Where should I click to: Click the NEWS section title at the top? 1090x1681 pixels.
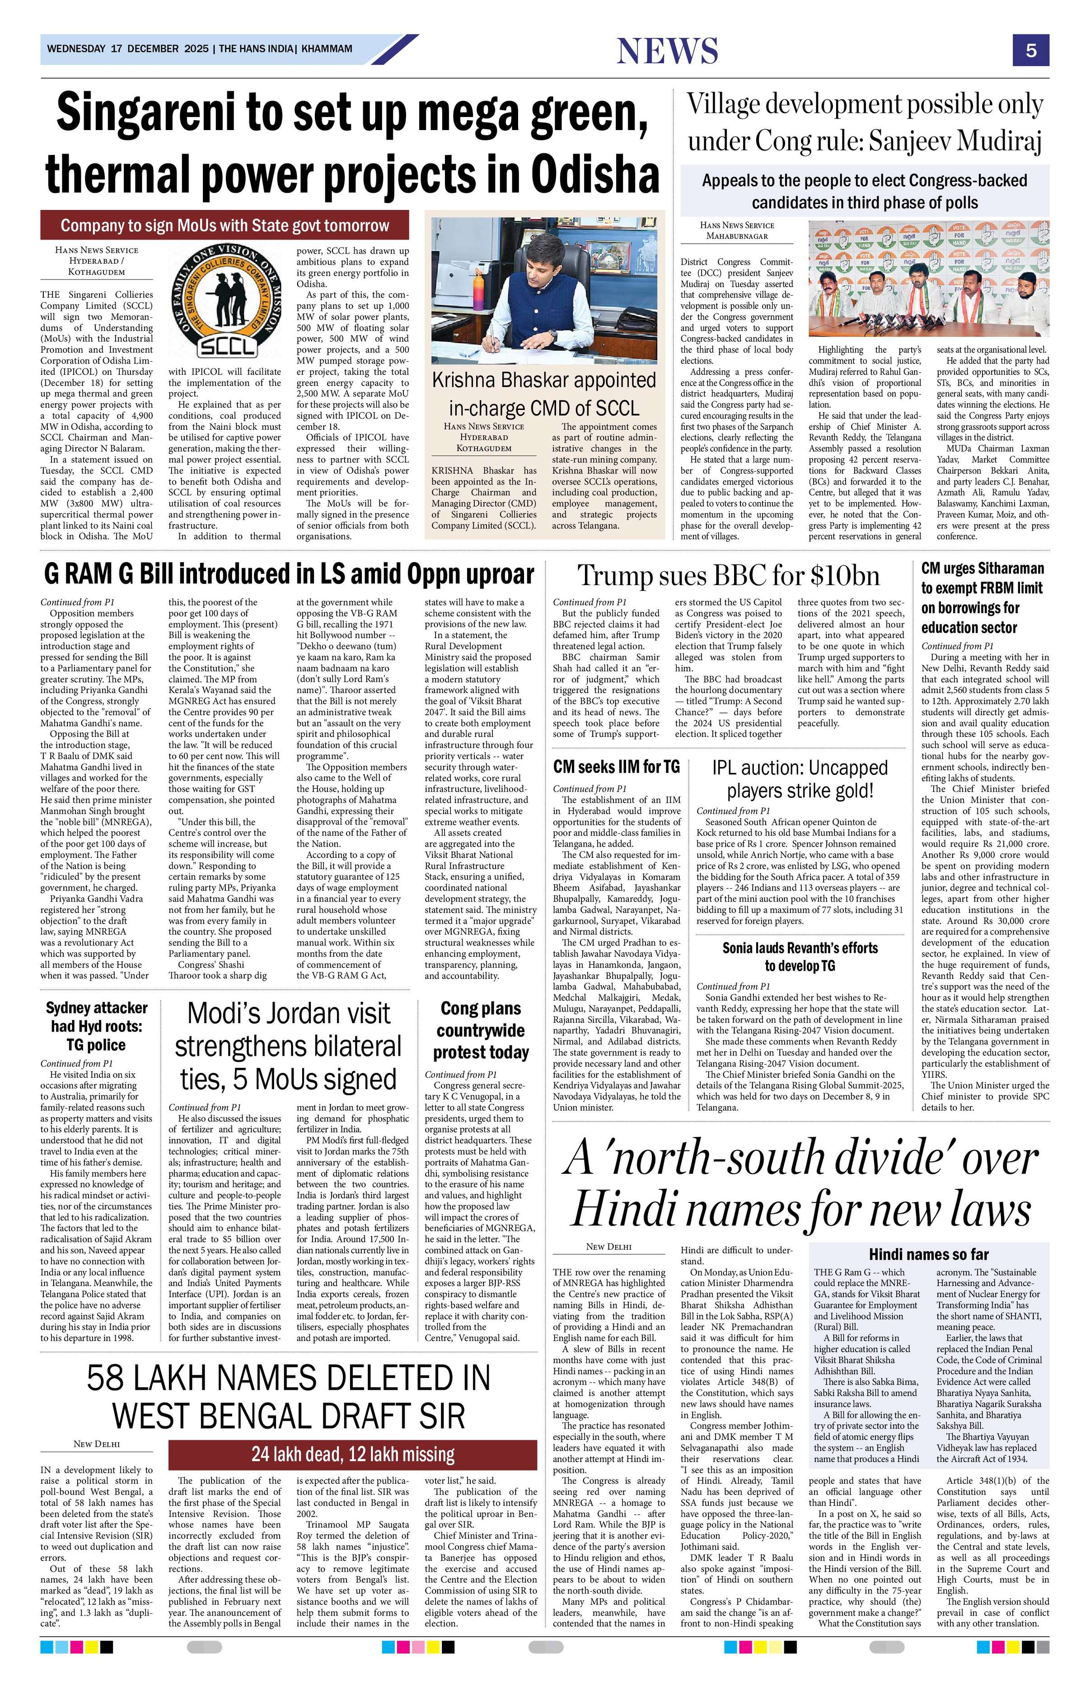coord(667,51)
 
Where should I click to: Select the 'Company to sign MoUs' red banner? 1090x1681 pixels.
coord(225,225)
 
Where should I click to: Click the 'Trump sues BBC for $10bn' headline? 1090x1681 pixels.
coord(728,576)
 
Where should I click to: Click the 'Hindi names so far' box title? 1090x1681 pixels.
coord(928,1254)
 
